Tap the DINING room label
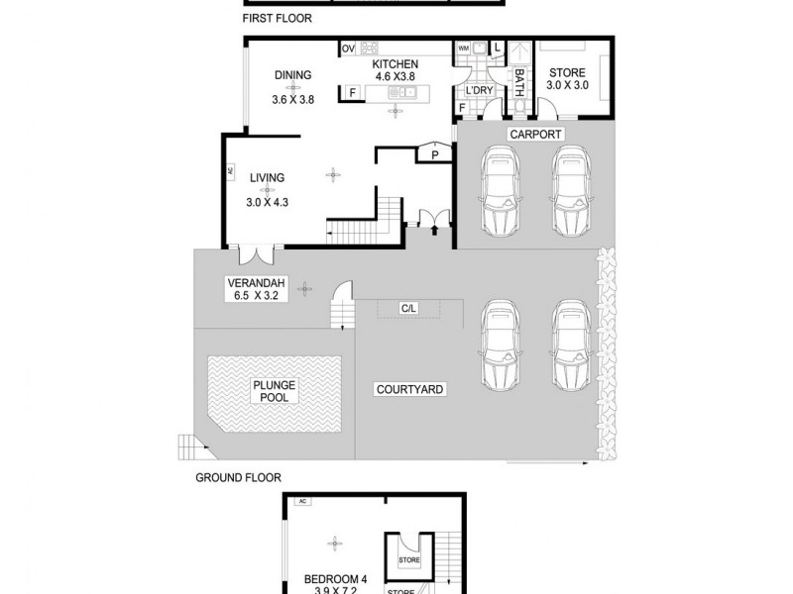coord(292,74)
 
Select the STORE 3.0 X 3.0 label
coord(566,79)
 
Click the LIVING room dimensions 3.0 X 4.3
coord(267,202)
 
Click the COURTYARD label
coord(410,390)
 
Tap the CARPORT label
coord(535,134)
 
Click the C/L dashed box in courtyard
coord(408,309)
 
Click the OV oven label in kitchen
coord(348,49)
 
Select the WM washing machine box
coord(463,48)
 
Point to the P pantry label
coord(434,154)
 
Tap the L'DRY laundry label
coord(480,91)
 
